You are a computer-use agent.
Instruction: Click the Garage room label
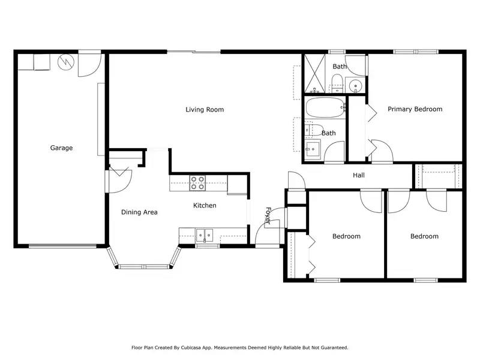pyautogui.click(x=61, y=148)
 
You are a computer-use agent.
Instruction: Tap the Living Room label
pyautogui.click(x=205, y=110)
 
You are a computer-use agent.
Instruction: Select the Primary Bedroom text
pyautogui.click(x=415, y=109)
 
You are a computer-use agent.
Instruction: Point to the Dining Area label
pyautogui.click(x=139, y=212)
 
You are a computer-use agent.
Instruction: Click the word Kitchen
pyautogui.click(x=205, y=205)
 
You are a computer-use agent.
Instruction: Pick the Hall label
pyautogui.click(x=358, y=175)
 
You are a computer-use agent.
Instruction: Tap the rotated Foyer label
pyautogui.click(x=268, y=215)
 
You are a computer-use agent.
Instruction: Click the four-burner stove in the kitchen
pyautogui.click(x=197, y=183)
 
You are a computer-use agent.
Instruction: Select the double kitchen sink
pyautogui.click(x=205, y=235)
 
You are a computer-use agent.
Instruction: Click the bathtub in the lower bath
pyautogui.click(x=325, y=107)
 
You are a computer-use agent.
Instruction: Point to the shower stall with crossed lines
pyautogui.click(x=314, y=73)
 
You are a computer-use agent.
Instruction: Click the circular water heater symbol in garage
pyautogui.click(x=66, y=62)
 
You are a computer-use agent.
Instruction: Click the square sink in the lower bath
pyautogui.click(x=312, y=148)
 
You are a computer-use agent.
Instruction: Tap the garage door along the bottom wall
pyautogui.click(x=62, y=246)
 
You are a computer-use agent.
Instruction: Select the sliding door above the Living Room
pyautogui.click(x=193, y=52)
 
